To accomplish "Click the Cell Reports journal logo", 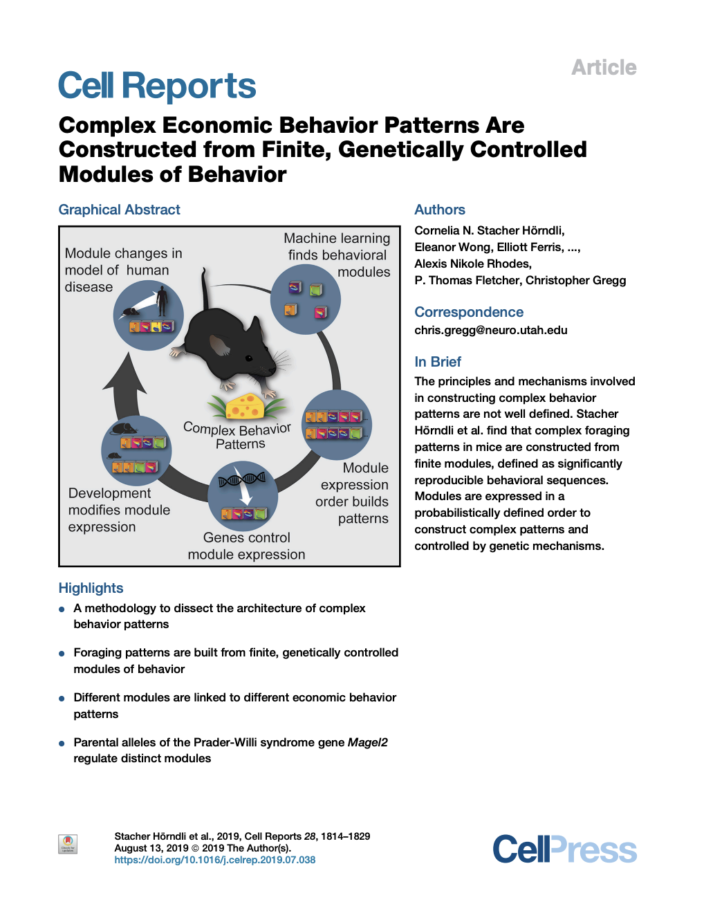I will click(x=157, y=86).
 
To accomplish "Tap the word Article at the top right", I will click(x=604, y=68).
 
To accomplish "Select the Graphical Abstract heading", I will click(x=119, y=210).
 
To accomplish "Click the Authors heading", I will click(x=439, y=210).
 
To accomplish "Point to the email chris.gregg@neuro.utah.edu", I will click(x=490, y=330).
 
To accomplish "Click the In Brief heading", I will click(x=437, y=362).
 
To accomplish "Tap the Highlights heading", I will click(x=91, y=588).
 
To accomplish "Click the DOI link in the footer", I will click(x=214, y=860).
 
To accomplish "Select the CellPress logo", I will click(x=564, y=849).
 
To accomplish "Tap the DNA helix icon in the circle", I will click(x=241, y=479).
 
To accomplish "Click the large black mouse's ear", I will click(x=219, y=344).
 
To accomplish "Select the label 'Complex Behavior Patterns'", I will click(x=237, y=436).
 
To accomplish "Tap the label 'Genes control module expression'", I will click(x=246, y=546).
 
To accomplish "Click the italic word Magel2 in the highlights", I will click(x=367, y=742).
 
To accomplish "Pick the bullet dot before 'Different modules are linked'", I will click(x=62, y=698).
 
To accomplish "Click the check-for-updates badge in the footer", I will click(x=68, y=844).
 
